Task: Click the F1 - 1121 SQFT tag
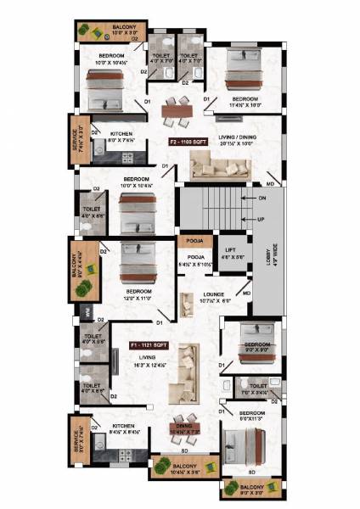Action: [146, 346]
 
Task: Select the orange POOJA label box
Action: [189, 240]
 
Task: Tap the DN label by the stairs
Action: [262, 198]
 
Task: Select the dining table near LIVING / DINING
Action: [178, 108]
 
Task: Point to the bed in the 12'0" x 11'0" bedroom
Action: [135, 265]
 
